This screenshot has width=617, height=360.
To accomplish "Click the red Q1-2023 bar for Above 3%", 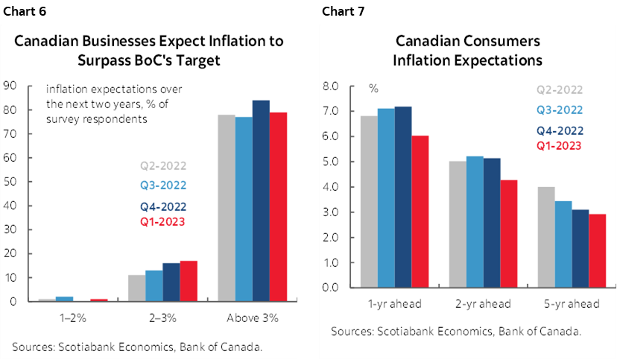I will pyautogui.click(x=278, y=206).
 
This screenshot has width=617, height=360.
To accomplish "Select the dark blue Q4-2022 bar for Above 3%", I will pyautogui.click(x=261, y=200).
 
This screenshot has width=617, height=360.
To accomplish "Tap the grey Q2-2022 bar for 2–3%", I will pyautogui.click(x=136, y=288).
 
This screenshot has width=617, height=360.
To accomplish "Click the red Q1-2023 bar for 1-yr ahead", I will pyautogui.click(x=421, y=211).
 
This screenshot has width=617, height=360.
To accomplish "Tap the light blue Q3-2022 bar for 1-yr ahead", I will pyautogui.click(x=386, y=198).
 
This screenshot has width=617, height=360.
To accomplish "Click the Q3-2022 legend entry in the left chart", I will pyautogui.click(x=163, y=186).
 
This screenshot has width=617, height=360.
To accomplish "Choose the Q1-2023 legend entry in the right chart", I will pyautogui.click(x=559, y=146).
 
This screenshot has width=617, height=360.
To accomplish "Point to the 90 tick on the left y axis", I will pyautogui.click(x=10, y=86).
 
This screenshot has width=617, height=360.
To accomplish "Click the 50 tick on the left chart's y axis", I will pyautogui.click(x=10, y=182).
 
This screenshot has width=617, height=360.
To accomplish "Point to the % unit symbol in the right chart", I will pyautogui.click(x=373, y=88).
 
